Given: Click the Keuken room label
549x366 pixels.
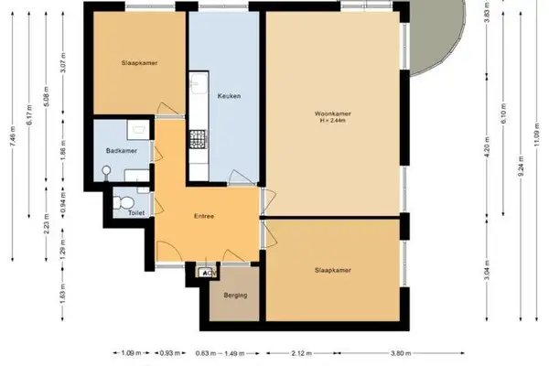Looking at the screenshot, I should pyautogui.click(x=229, y=96).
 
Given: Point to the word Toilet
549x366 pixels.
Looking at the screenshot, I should pyautogui.click(x=123, y=212).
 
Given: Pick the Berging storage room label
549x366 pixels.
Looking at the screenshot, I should pyautogui.click(x=223, y=295).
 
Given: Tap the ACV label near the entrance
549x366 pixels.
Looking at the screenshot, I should pyautogui.click(x=209, y=273).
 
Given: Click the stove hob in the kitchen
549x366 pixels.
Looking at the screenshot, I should pyautogui.click(x=197, y=140).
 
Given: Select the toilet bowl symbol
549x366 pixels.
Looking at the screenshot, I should pyautogui.click(x=127, y=199).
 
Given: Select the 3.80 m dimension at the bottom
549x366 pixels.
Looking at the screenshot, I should pyautogui.click(x=398, y=352).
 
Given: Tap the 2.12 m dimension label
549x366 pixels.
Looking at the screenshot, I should pyautogui.click(x=298, y=352).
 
